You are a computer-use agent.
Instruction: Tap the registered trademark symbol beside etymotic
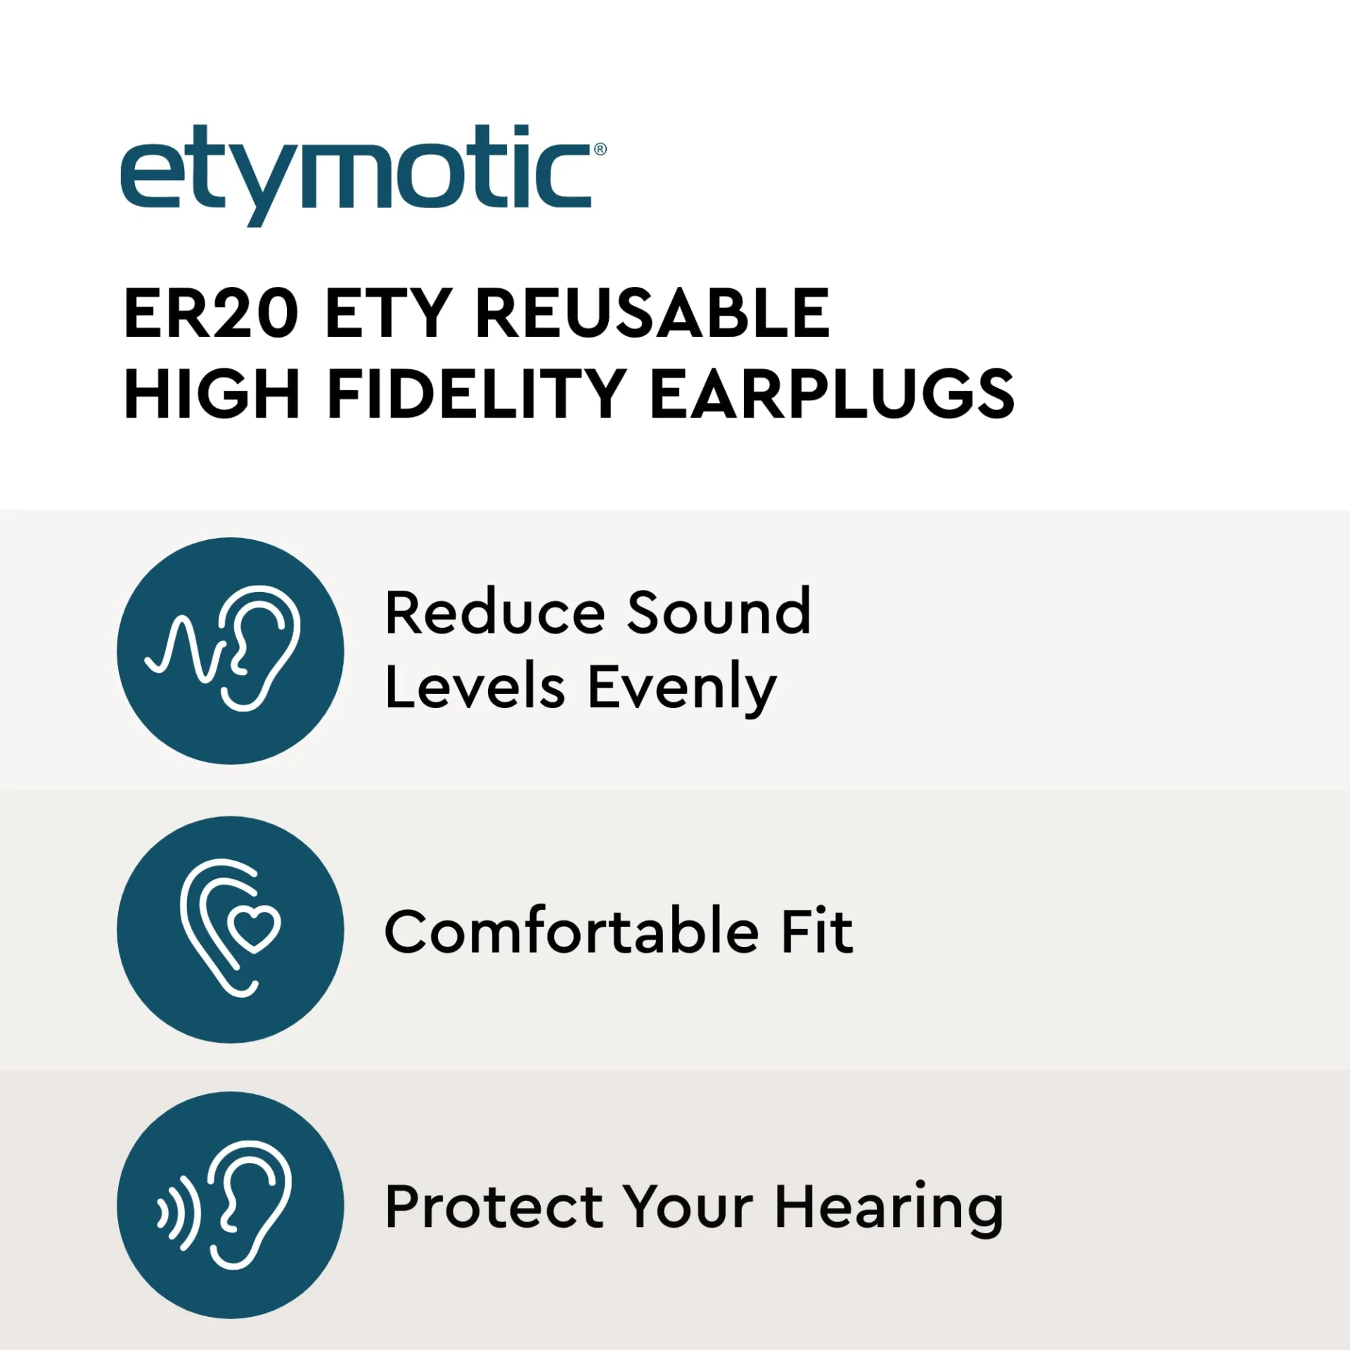tap(600, 149)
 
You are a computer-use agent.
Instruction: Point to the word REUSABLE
tap(653, 314)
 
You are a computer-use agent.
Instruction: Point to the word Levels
tap(475, 687)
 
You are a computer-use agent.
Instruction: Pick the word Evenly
tap(683, 689)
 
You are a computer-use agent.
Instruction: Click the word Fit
tap(818, 931)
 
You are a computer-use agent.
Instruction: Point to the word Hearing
tap(889, 1209)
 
